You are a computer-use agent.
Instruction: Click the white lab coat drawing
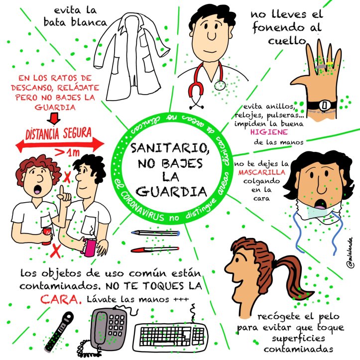131,57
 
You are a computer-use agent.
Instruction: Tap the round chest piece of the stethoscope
220,86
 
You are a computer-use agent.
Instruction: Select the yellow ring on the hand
330,63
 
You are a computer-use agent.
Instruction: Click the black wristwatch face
325,106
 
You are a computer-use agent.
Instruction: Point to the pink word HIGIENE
269,132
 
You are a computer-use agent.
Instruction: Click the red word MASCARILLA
262,172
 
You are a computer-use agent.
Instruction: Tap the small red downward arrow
54,119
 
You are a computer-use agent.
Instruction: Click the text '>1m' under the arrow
67,152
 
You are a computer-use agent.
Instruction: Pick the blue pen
155,233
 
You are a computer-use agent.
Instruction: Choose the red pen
155,249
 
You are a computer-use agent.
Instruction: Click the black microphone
59,332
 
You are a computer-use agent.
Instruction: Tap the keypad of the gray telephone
117,326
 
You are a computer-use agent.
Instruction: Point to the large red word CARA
61,299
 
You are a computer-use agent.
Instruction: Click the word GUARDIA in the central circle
171,192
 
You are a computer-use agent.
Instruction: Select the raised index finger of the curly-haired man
62,191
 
